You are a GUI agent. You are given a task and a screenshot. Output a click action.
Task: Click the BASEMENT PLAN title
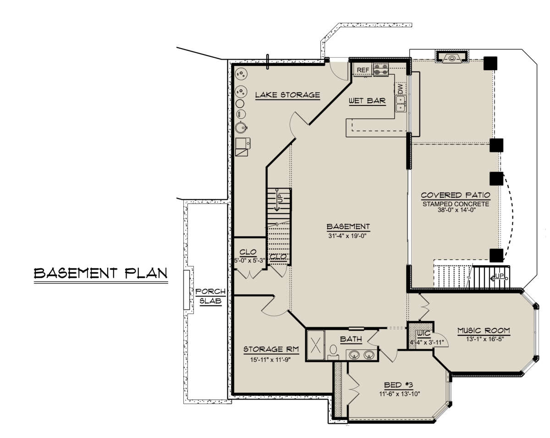(101, 273)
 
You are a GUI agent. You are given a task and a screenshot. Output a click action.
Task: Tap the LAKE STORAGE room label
(287, 95)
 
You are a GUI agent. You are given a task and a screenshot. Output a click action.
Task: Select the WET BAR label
(367, 101)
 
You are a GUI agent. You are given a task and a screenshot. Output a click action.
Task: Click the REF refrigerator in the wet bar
(363, 70)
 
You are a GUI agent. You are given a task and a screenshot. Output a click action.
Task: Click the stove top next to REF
(381, 70)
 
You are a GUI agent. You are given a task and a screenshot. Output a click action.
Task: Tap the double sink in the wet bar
(401, 103)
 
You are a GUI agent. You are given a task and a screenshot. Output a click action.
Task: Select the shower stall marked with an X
(316, 345)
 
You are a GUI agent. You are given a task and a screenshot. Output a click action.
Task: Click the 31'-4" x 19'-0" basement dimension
(347, 236)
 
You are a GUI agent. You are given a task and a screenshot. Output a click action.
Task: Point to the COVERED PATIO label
(456, 195)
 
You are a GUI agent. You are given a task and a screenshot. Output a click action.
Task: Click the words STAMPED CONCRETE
(456, 204)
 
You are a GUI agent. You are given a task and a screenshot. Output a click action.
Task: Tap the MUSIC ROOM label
(484, 331)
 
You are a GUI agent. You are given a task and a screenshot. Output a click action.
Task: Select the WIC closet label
(424, 333)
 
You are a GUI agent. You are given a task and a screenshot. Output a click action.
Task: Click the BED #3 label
(399, 385)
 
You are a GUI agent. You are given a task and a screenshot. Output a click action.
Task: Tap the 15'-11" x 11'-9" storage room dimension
(270, 360)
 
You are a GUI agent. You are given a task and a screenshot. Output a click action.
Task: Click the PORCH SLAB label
(210, 296)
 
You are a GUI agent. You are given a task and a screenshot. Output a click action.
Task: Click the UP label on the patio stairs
(500, 276)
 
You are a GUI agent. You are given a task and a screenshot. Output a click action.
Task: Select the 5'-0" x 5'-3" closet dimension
(250, 261)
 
